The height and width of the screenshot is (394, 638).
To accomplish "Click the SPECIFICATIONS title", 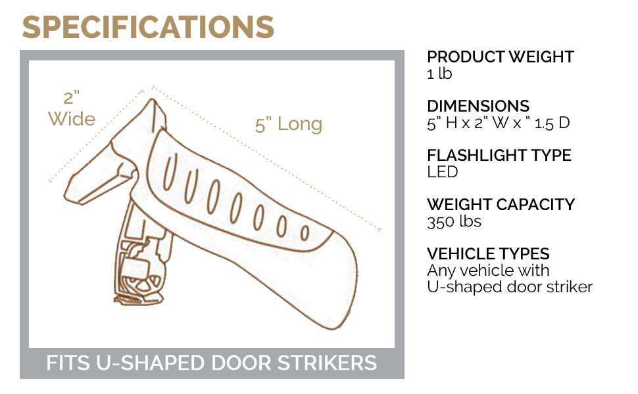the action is click(148, 27).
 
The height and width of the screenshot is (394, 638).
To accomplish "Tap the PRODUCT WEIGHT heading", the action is click(500, 57).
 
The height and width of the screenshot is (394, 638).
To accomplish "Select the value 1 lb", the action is click(439, 74).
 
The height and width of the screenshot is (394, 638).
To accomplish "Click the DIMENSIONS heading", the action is click(478, 106).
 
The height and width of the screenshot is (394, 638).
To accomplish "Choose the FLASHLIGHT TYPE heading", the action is click(499, 156).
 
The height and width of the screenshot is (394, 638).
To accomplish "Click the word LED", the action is click(442, 172).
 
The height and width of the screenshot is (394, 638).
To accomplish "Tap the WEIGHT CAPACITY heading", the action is click(501, 205).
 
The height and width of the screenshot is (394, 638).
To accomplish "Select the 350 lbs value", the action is click(454, 221).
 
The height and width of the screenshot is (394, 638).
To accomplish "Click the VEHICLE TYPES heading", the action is click(488, 254).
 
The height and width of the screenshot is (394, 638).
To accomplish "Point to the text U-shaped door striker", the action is click(510, 287).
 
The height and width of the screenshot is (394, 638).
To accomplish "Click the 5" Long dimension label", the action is click(289, 124).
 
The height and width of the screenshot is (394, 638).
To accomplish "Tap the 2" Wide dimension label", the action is click(72, 109).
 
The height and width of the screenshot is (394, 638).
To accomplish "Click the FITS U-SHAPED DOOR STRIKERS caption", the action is click(211, 363).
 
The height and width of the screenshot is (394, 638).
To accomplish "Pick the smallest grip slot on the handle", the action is click(305, 232).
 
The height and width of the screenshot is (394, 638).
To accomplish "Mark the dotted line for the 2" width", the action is click(95, 137).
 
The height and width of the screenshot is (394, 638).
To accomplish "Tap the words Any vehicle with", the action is click(488, 271).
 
